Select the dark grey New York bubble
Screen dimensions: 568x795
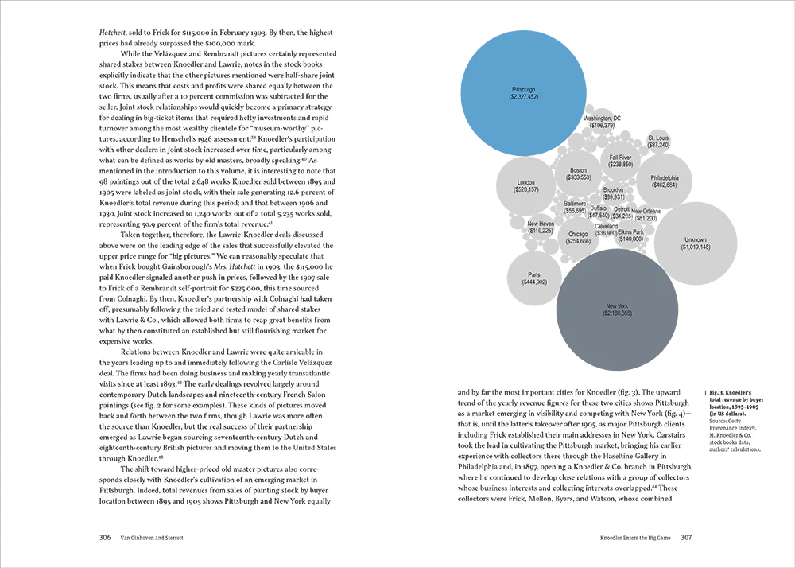pos(617,309)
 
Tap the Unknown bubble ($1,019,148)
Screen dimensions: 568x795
pos(695,243)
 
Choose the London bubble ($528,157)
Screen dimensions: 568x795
pos(526,186)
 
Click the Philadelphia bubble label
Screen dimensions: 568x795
pos(665,181)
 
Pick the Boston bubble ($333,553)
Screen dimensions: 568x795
pos(578,173)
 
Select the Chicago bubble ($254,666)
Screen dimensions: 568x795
pos(578,237)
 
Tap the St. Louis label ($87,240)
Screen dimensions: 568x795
pos(658,142)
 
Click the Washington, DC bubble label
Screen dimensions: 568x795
pos(603,122)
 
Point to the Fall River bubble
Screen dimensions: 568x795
pos(620,161)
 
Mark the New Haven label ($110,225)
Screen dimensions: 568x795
pos(541,228)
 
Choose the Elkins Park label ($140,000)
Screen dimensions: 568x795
pos(630,235)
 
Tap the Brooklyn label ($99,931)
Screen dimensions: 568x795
pos(613,193)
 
